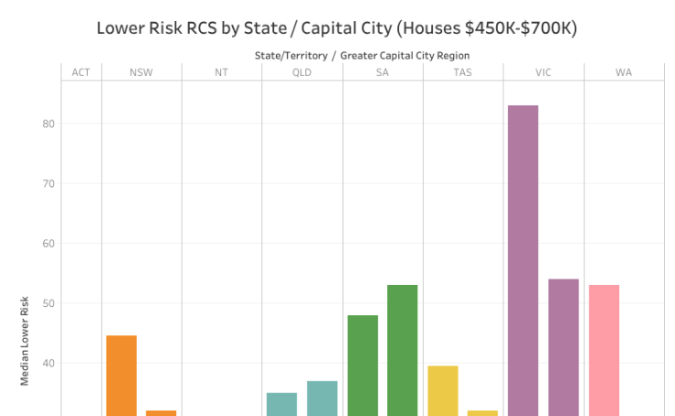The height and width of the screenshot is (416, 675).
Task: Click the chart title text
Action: tap(337, 28)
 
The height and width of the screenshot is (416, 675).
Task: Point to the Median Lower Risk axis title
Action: tap(25, 340)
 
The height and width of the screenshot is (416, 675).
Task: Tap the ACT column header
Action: tap(81, 72)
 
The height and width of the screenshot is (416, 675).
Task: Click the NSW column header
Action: tap(141, 72)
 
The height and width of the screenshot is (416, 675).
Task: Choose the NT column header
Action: tap(221, 72)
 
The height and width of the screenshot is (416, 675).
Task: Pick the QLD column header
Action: tap(302, 72)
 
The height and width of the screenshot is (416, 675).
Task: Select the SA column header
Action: tap(382, 72)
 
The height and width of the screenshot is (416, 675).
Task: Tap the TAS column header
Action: tap(462, 72)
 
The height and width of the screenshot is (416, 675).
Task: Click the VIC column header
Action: tap(543, 72)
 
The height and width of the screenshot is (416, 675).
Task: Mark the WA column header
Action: tap(624, 72)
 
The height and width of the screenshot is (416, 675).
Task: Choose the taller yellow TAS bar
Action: tap(442, 390)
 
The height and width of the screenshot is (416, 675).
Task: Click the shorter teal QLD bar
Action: tap(282, 404)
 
